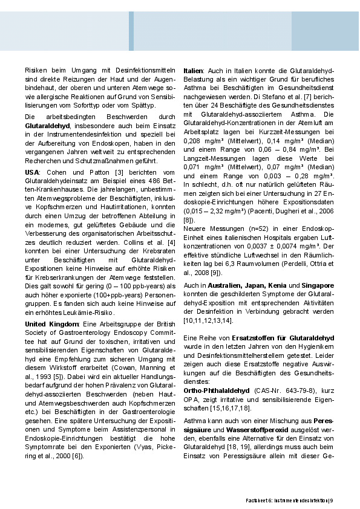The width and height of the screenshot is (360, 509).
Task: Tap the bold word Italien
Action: point(193,70)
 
